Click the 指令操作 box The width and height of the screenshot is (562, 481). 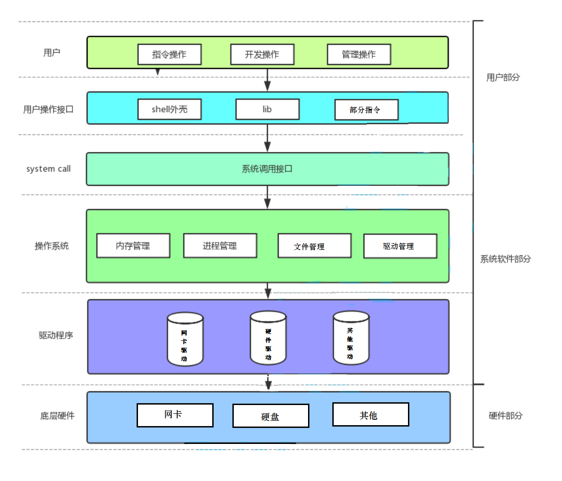pos(170,54)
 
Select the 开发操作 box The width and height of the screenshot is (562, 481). pos(262,54)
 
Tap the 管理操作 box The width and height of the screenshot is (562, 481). pos(359,54)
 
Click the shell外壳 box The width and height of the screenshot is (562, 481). pos(170,109)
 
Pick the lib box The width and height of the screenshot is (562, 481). pos(268,109)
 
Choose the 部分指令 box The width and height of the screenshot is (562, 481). pos(367,110)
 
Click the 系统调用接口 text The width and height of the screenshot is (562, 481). pos(267,169)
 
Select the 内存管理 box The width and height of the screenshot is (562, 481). pos(133,245)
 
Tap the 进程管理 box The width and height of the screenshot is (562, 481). pos(220,245)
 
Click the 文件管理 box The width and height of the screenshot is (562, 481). pos(314,246)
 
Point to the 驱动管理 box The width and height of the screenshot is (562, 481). pos(400,246)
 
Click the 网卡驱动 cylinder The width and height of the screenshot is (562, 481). pos(185,339)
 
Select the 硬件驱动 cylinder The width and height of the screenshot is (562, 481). pos(268,338)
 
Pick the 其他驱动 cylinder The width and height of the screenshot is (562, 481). pos(351,338)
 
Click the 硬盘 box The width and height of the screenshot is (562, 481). pos(271,416)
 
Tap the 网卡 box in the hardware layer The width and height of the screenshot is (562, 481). pos(175,415)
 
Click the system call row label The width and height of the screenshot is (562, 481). pos(49,169)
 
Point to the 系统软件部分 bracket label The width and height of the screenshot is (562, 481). pos(506,259)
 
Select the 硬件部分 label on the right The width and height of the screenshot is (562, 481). pos(506,415)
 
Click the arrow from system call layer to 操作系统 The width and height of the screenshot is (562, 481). pos(268,197)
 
